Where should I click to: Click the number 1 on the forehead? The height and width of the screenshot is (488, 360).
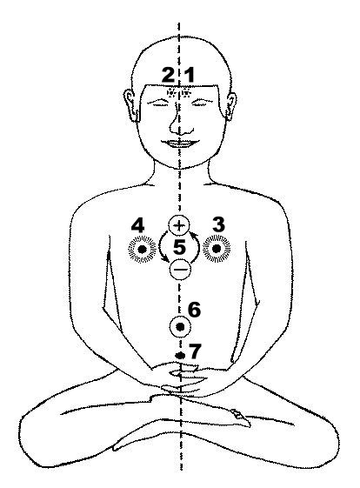click(x=190, y=76)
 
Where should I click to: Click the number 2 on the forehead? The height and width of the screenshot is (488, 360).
click(x=169, y=76)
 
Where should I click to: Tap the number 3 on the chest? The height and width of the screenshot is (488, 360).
click(x=218, y=224)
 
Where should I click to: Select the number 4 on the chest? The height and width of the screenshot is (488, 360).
click(x=137, y=225)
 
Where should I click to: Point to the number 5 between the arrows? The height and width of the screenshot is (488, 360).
click(x=179, y=247)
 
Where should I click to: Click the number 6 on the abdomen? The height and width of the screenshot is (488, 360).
click(x=195, y=310)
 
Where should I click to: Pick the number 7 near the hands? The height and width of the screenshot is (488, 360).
click(x=196, y=351)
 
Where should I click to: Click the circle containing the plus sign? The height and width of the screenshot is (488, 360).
click(x=179, y=225)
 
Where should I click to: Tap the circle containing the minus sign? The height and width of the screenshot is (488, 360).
click(x=180, y=269)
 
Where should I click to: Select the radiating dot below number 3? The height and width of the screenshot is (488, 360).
click(x=217, y=249)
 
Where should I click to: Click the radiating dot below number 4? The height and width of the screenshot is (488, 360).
click(x=143, y=249)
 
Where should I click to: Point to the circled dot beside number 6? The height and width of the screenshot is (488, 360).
click(x=180, y=326)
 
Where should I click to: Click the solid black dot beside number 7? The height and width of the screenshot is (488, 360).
click(x=180, y=355)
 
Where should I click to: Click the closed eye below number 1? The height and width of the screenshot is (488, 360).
click(x=202, y=103)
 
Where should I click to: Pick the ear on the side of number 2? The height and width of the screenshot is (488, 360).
click(x=130, y=104)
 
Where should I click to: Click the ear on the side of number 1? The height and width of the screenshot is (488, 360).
click(x=230, y=106)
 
